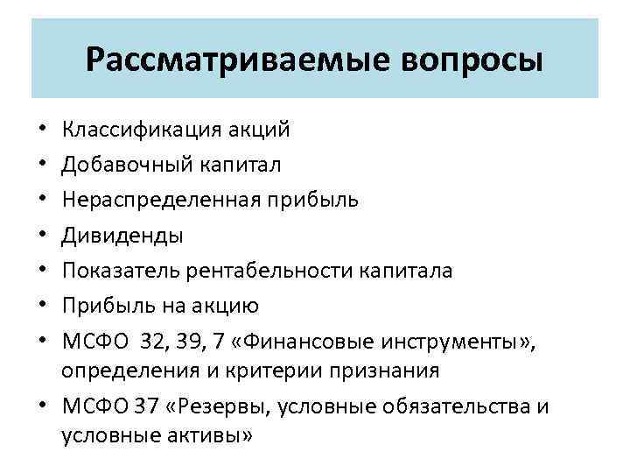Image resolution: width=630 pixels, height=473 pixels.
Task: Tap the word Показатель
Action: [x=120, y=271]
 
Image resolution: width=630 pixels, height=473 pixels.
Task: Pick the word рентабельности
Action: [x=269, y=271]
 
